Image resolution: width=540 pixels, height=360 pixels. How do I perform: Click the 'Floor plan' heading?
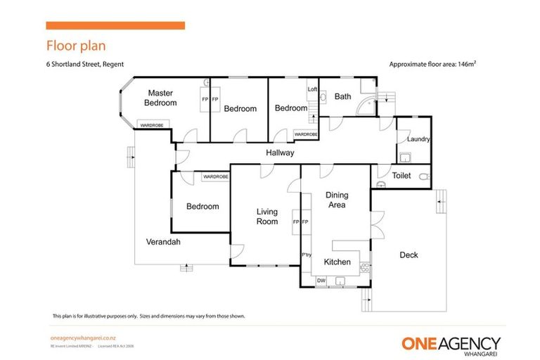pyautogui.click(x=76, y=46)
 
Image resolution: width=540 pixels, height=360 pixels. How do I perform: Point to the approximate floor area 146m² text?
pyautogui.click(x=434, y=64)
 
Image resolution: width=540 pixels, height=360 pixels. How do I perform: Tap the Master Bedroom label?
pyautogui.click(x=160, y=98)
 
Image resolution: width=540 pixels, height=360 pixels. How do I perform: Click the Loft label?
pyautogui.click(x=312, y=89)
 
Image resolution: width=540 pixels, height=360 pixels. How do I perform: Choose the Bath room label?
pyautogui.click(x=342, y=96)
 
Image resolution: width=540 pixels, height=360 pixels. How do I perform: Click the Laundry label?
pyautogui.click(x=418, y=140)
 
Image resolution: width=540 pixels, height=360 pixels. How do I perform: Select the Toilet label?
pyautogui.click(x=401, y=176)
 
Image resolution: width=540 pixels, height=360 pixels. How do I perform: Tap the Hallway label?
pyautogui.click(x=280, y=153)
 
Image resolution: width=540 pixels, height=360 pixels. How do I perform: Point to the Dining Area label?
pyautogui.click(x=336, y=200)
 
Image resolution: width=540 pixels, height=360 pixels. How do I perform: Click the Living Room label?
pyautogui.click(x=266, y=217)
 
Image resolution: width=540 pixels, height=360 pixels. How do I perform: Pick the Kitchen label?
pyautogui.click(x=337, y=262)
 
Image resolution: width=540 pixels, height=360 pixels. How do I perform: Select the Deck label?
pyautogui.click(x=409, y=255)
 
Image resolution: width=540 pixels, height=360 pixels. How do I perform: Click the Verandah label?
pyautogui.click(x=163, y=242)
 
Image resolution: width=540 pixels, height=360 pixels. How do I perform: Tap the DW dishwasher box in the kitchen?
pyautogui.click(x=321, y=281)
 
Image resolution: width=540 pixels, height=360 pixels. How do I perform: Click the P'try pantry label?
pyautogui.click(x=306, y=255)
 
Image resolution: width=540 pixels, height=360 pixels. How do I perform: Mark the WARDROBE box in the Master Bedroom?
pyautogui.click(x=151, y=125)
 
